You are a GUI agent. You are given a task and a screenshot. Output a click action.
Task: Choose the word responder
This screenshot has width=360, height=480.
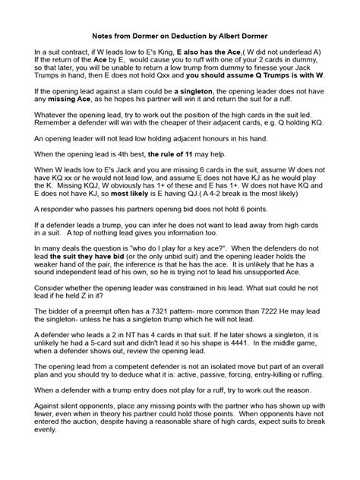click(x=62, y=274)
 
